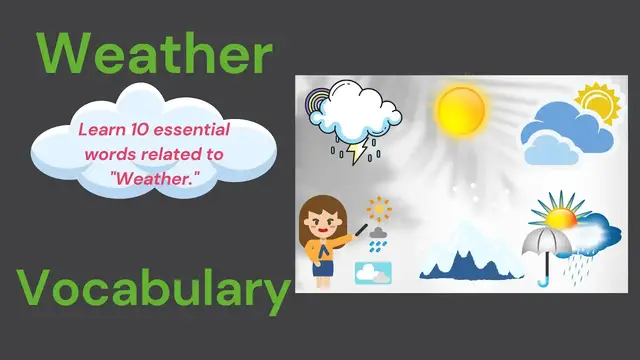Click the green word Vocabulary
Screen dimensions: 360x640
[152, 290]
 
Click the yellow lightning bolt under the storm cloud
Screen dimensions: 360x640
[356, 152]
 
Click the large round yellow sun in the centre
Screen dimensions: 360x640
[461, 110]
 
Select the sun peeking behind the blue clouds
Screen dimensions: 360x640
[598, 103]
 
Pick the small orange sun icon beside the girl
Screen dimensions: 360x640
[378, 209]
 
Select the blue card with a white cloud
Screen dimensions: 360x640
[372, 271]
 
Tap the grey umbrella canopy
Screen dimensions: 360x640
[547, 241]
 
